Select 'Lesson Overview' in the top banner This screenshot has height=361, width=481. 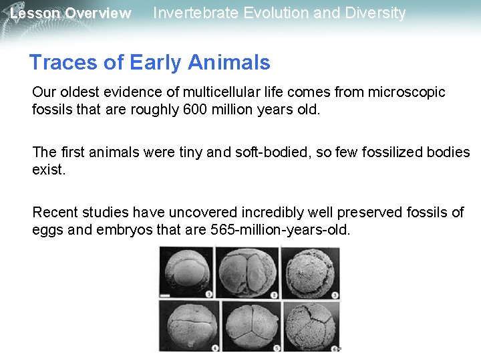(71, 13)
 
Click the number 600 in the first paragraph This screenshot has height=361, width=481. (194, 108)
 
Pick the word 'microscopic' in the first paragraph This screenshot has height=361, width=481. (408, 92)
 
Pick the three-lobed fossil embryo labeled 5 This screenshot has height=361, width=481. (251, 325)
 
